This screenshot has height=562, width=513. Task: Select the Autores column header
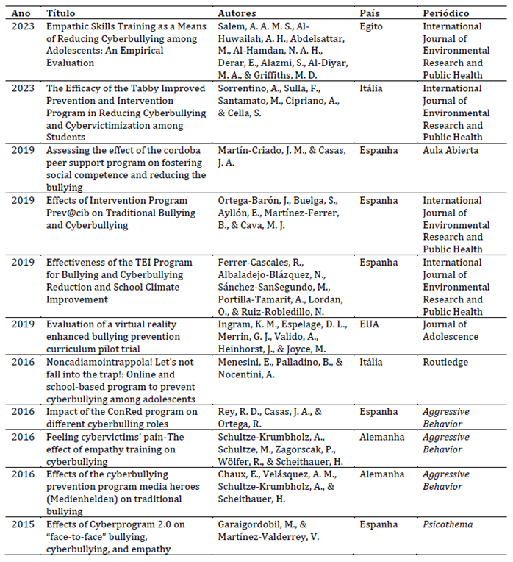[x=237, y=13]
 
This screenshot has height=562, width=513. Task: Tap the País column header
[x=370, y=13]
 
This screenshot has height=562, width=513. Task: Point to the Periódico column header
[x=446, y=13]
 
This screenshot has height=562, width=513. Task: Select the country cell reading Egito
[x=372, y=26]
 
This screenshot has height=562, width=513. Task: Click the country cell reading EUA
[x=370, y=325]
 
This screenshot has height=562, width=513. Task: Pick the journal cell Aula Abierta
[x=451, y=150]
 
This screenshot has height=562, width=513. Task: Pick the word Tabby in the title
[x=146, y=88]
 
